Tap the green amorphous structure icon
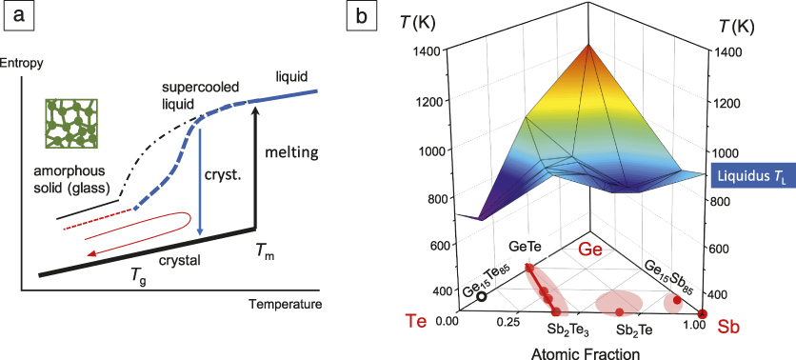(x=69, y=122)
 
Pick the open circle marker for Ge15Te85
(x=483, y=296)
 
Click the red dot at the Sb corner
(x=703, y=313)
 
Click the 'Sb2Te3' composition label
(x=568, y=330)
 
